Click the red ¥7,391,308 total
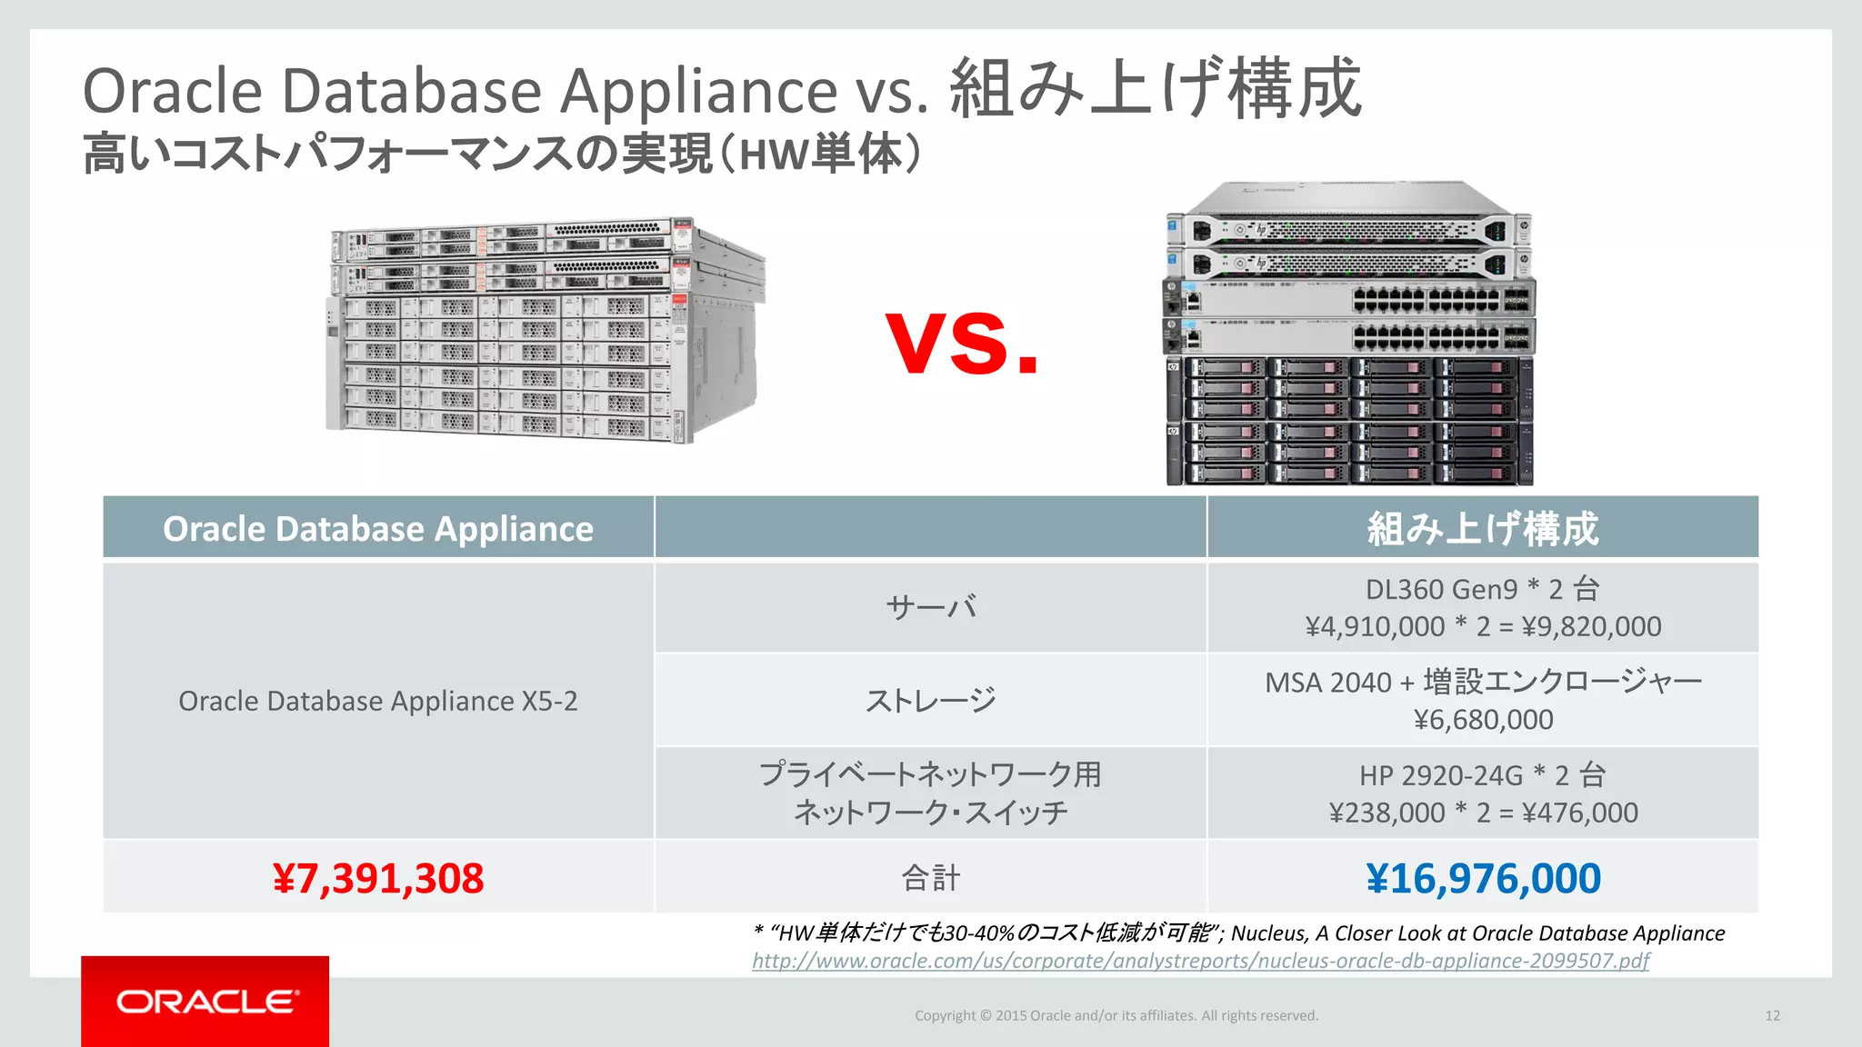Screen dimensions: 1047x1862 point(378,878)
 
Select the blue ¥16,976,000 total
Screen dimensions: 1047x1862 point(1483,878)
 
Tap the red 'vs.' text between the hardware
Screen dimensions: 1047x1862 point(962,343)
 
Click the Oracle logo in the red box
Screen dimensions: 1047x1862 point(206,1002)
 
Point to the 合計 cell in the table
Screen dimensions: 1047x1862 point(930,878)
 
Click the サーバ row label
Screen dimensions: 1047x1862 point(930,607)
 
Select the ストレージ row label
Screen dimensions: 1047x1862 point(930,701)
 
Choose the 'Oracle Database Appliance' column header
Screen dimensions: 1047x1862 point(378,528)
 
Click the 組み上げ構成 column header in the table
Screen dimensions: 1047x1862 point(1483,528)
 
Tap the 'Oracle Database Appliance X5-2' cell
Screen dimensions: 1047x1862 point(378,701)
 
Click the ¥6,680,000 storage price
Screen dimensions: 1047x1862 point(1483,720)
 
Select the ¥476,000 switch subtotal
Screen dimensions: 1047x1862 point(1580,813)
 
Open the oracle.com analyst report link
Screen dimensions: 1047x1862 point(1200,961)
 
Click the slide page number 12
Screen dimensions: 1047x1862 point(1772,1015)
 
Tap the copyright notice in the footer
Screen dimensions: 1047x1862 point(1116,1015)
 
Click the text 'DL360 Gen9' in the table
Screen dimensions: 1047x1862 point(1441,589)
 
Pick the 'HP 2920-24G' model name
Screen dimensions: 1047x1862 point(1440,775)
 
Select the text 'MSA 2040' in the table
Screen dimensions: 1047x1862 point(1327,682)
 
